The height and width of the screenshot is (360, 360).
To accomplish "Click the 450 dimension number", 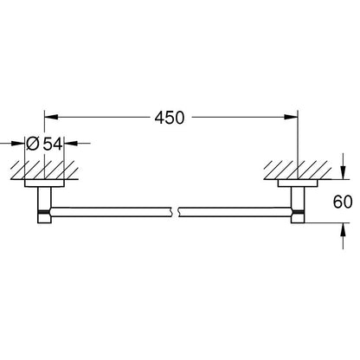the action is pos(170,118).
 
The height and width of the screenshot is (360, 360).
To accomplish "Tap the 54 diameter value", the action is pos(53,144).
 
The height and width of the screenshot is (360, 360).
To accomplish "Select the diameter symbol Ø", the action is pos(32,144).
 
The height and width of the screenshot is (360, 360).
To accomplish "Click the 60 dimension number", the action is pos(343,202).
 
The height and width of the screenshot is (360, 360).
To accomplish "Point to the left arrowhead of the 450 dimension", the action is pos(51,117).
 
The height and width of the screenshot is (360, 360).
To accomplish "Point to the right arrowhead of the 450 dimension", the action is pos(291,117).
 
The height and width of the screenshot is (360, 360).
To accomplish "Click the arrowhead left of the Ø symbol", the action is pos(18,143).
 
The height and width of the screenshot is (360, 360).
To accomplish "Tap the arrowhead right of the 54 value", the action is pos(71,143).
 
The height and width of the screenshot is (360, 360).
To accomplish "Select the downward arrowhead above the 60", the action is pos(343,172).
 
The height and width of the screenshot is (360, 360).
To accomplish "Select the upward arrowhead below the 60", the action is pos(343,229).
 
